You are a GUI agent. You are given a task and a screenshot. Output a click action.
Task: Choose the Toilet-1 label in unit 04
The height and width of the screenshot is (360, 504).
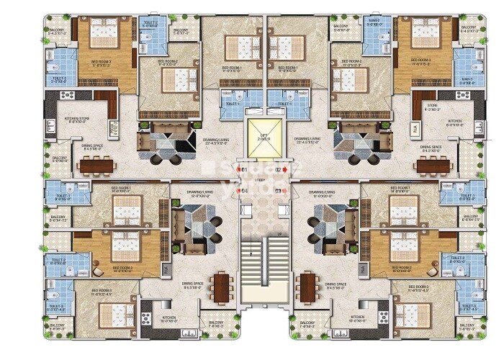[x=62, y=196]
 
